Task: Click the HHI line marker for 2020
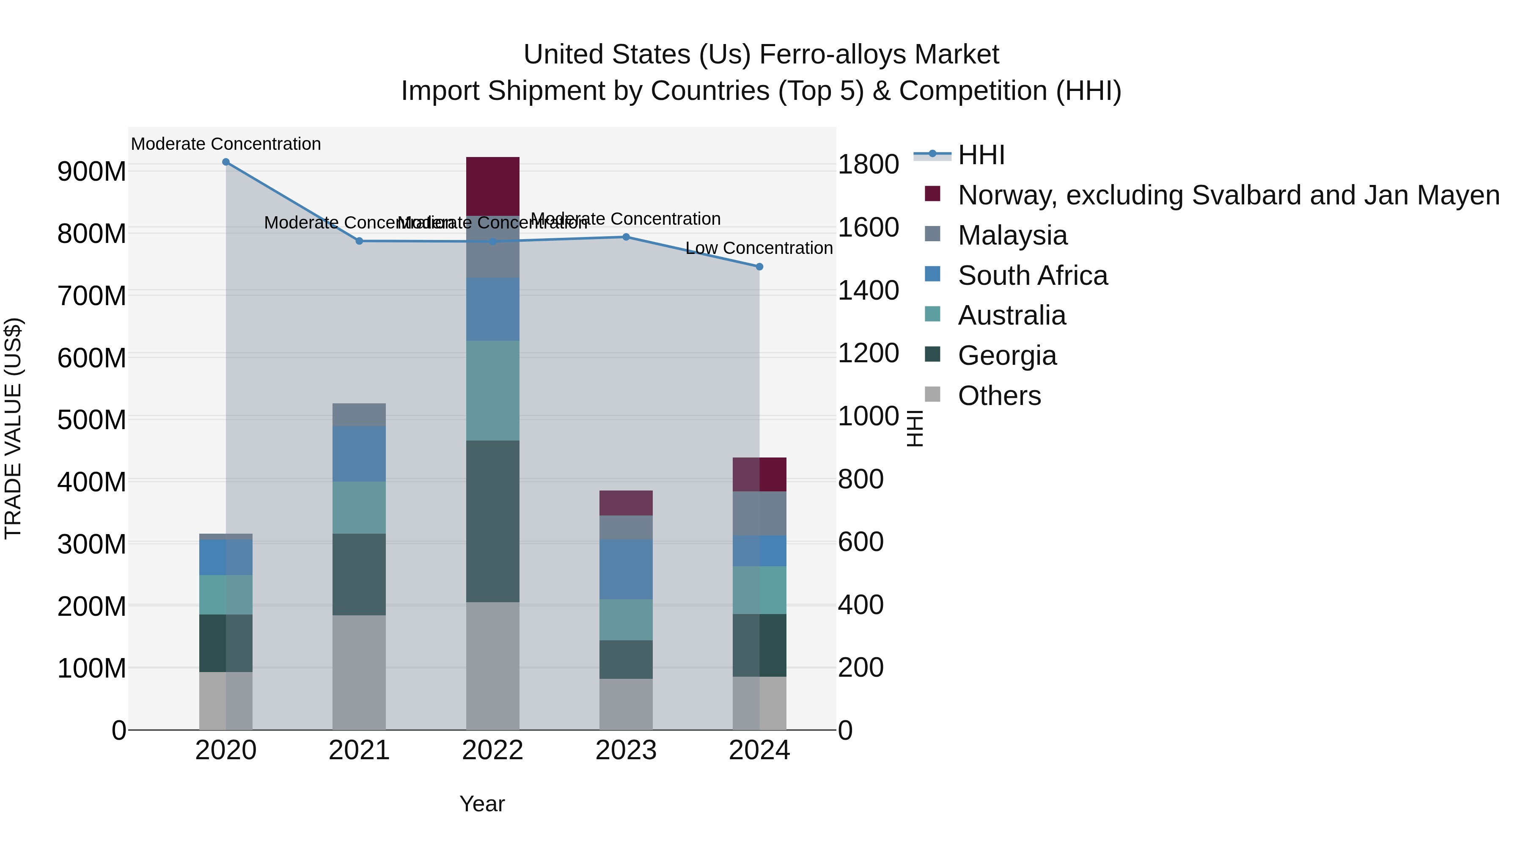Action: (226, 162)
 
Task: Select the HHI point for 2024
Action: (760, 267)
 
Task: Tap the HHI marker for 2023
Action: (626, 237)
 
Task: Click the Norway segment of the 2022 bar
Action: (492, 186)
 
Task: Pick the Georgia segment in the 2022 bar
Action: (492, 521)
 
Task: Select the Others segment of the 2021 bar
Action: (359, 672)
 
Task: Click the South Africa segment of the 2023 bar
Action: (626, 569)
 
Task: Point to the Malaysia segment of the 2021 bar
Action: (359, 415)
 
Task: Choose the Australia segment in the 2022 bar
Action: (492, 390)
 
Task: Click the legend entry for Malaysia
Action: (1012, 235)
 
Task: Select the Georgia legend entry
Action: (1007, 355)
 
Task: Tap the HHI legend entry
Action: (981, 155)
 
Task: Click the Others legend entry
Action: (999, 396)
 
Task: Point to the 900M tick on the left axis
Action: (92, 171)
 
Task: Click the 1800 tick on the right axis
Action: (869, 165)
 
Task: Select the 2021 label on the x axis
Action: (359, 750)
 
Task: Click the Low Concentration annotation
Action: (759, 248)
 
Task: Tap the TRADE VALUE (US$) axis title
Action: (13, 428)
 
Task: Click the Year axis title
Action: (482, 804)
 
